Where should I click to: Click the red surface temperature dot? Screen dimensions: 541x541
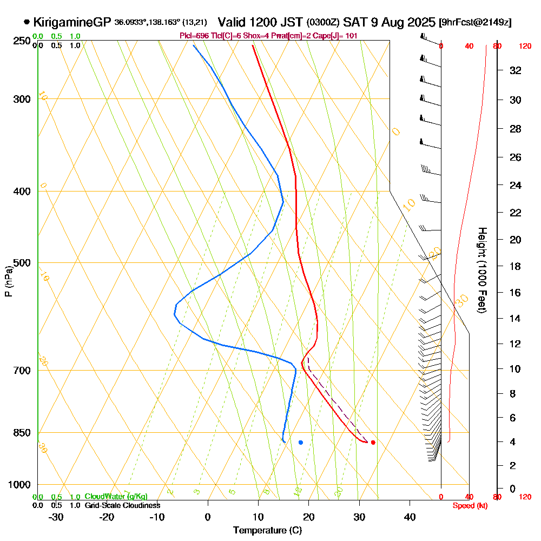pyautogui.click(x=373, y=443)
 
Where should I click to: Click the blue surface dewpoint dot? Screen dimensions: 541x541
pyautogui.click(x=301, y=443)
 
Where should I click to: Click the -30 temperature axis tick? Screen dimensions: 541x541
pyautogui.click(x=56, y=517)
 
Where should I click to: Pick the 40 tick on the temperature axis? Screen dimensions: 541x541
pyautogui.click(x=410, y=517)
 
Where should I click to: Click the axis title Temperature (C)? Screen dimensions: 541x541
pyautogui.click(x=267, y=530)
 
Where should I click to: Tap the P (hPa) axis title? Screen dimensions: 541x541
pyautogui.click(x=8, y=281)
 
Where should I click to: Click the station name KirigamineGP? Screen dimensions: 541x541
pyautogui.click(x=72, y=23)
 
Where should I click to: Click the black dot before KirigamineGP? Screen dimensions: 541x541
pyautogui.click(x=27, y=23)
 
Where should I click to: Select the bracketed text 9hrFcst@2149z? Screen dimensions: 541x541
pyautogui.click(x=476, y=23)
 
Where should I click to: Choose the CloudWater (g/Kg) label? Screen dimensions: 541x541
pyautogui.click(x=116, y=496)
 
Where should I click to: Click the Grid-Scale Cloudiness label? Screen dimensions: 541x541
pyautogui.click(x=122, y=505)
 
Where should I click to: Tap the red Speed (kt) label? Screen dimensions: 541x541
pyautogui.click(x=470, y=505)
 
